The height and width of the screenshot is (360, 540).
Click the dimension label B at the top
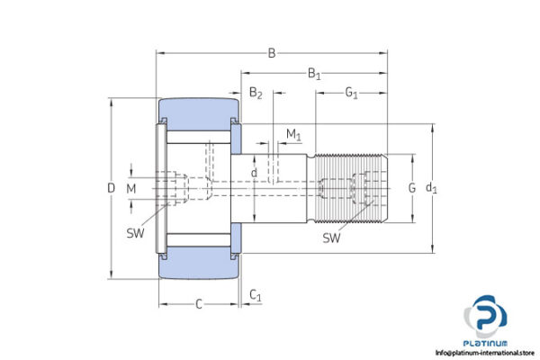tap(272, 53)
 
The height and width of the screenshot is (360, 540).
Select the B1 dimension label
tap(315, 75)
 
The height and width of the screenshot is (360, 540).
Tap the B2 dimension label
tap(256, 94)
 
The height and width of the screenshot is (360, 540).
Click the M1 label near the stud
tap(293, 134)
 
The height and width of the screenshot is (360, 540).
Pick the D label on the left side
tap(111, 188)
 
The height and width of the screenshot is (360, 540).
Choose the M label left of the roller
tap(131, 188)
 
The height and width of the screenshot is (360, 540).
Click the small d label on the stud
tap(255, 173)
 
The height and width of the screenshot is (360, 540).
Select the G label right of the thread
tap(411, 188)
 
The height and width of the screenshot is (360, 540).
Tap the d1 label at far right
tap(431, 188)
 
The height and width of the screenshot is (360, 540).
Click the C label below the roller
tap(198, 304)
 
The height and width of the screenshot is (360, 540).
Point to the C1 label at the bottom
tap(256, 295)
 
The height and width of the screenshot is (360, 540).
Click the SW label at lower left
tap(136, 234)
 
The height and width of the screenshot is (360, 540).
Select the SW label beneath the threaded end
tap(332, 238)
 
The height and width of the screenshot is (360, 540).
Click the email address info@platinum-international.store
tap(485, 353)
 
